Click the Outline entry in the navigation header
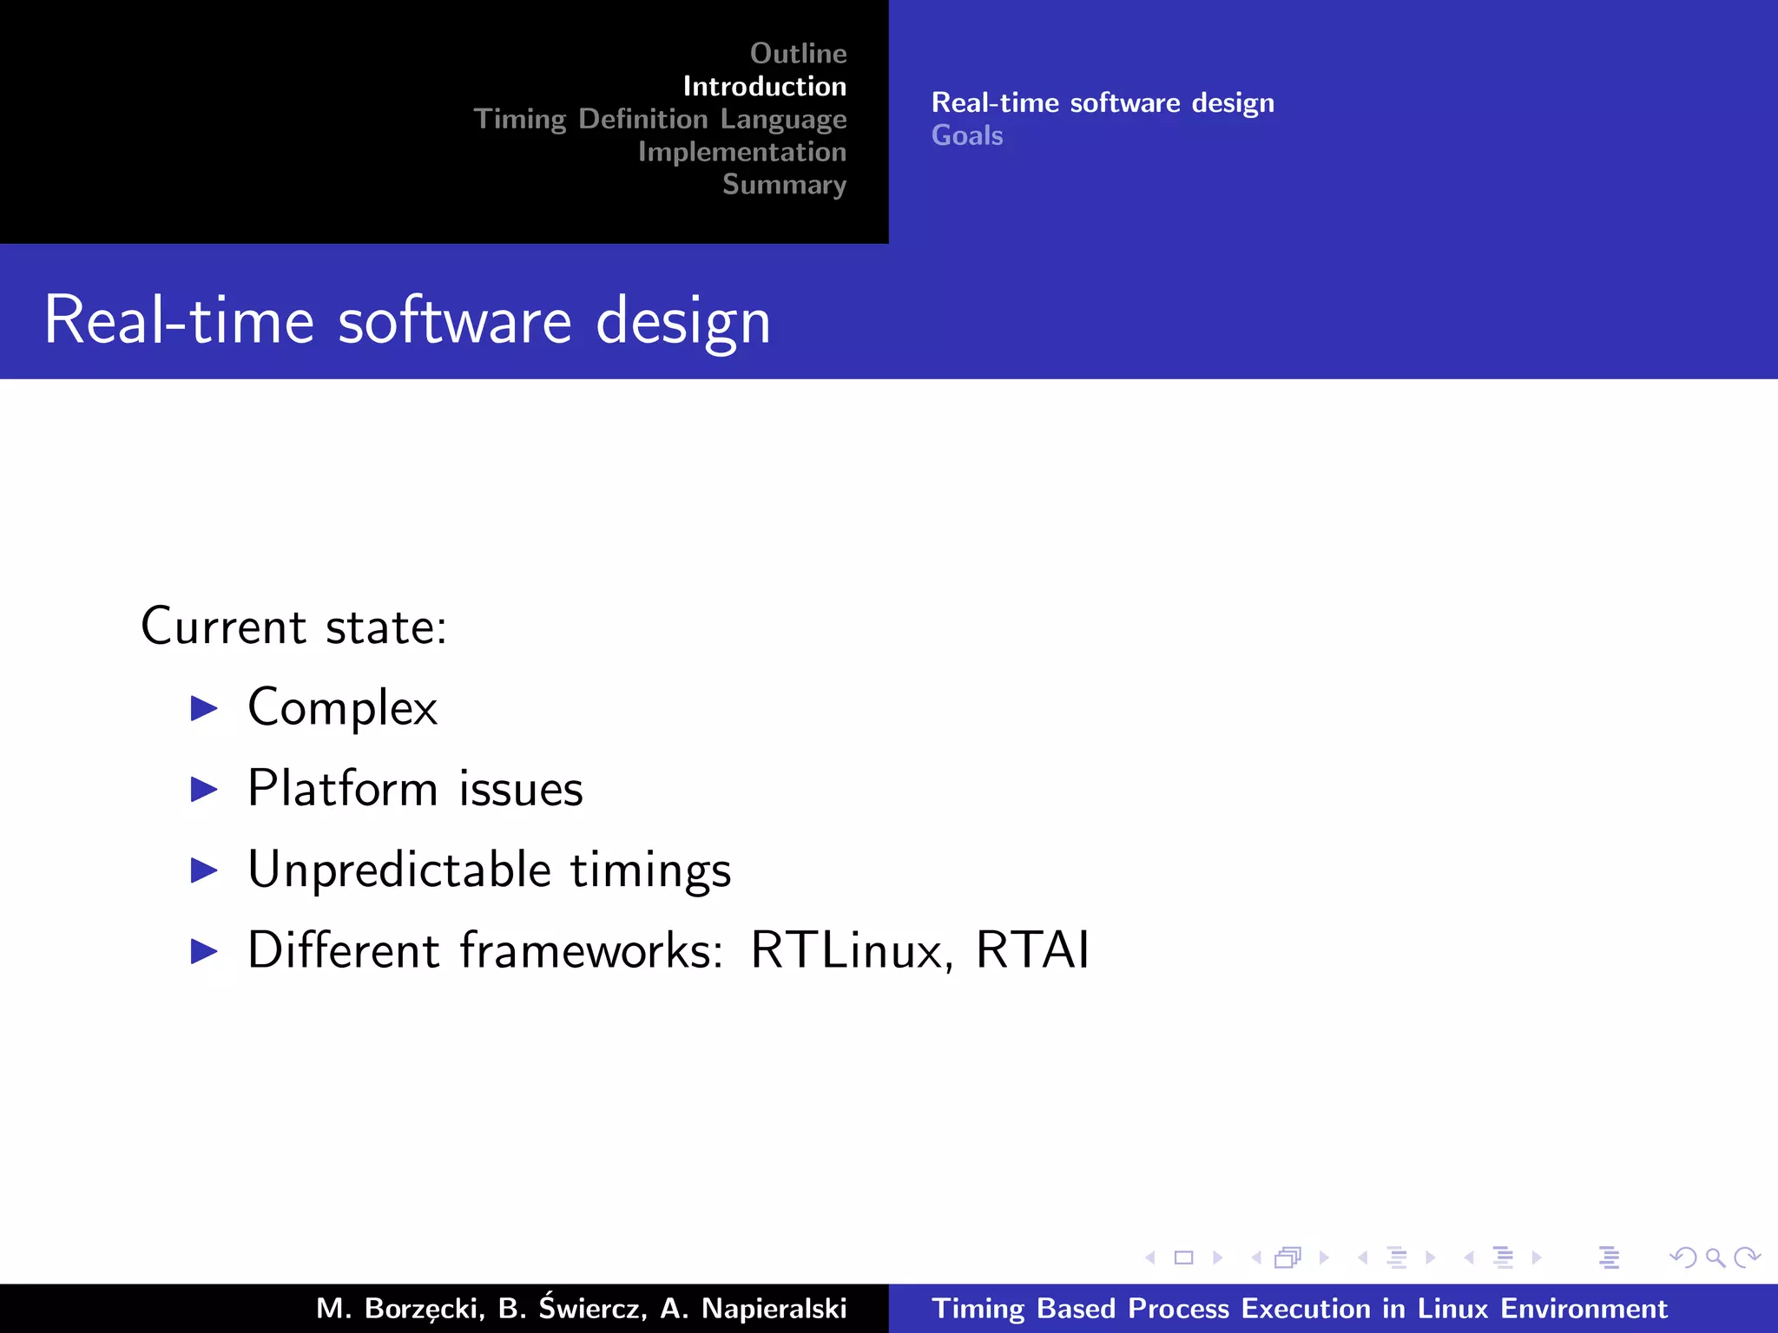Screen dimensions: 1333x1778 tap(798, 54)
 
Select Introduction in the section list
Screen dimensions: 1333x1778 tap(764, 87)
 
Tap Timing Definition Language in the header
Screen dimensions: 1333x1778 tap(660, 119)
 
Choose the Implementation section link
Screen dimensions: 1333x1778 tap(741, 152)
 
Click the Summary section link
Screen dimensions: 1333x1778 tap(784, 184)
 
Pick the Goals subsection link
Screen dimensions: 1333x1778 tap(967, 135)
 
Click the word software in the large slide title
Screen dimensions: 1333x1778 tap(455, 321)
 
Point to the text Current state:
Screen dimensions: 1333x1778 tap(293, 626)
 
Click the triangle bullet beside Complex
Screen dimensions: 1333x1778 tap(204, 708)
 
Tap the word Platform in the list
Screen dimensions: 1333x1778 tap(343, 788)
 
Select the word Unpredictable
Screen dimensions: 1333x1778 tap(399, 870)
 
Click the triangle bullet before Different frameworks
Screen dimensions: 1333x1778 tap(204, 951)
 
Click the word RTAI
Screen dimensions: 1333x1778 tap(1032, 949)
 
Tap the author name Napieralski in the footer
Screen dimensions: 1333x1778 tap(774, 1308)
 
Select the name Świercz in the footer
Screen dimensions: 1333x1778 tap(593, 1307)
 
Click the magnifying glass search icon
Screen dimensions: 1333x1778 tap(1715, 1257)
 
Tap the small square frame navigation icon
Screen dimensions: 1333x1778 tap(1183, 1257)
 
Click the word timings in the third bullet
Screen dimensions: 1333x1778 tap(650, 870)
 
